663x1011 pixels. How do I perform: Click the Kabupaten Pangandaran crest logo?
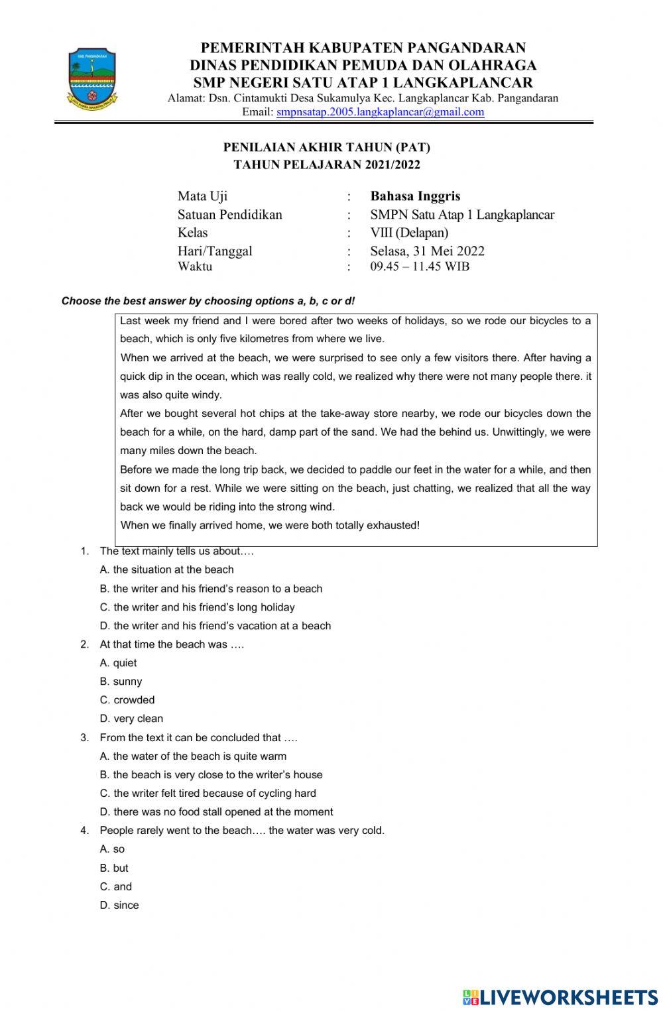pos(92,78)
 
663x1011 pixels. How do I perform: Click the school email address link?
pos(380,112)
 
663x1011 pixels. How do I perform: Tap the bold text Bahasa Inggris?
pos(415,196)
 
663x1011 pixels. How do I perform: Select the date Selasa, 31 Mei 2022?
pos(427,251)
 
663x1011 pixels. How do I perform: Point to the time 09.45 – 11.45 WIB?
pos(419,267)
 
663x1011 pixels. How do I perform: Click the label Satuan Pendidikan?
pos(229,215)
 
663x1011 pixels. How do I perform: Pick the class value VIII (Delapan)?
pos(409,233)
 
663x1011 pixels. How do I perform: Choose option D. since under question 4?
pos(119,906)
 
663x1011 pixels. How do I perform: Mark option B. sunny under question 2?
pos(121,682)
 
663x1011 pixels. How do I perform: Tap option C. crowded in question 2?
pos(127,700)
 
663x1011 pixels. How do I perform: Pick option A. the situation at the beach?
pos(166,569)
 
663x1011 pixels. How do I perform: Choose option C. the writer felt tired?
pos(208,794)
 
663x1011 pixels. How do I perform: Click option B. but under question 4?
pos(114,868)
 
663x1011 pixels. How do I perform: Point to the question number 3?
pos(84,738)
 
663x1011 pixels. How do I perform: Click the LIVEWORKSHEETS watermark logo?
pos(560,997)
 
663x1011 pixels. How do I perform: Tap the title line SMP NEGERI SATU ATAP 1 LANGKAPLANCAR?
pos(363,83)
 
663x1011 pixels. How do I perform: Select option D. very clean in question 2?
pos(131,719)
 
